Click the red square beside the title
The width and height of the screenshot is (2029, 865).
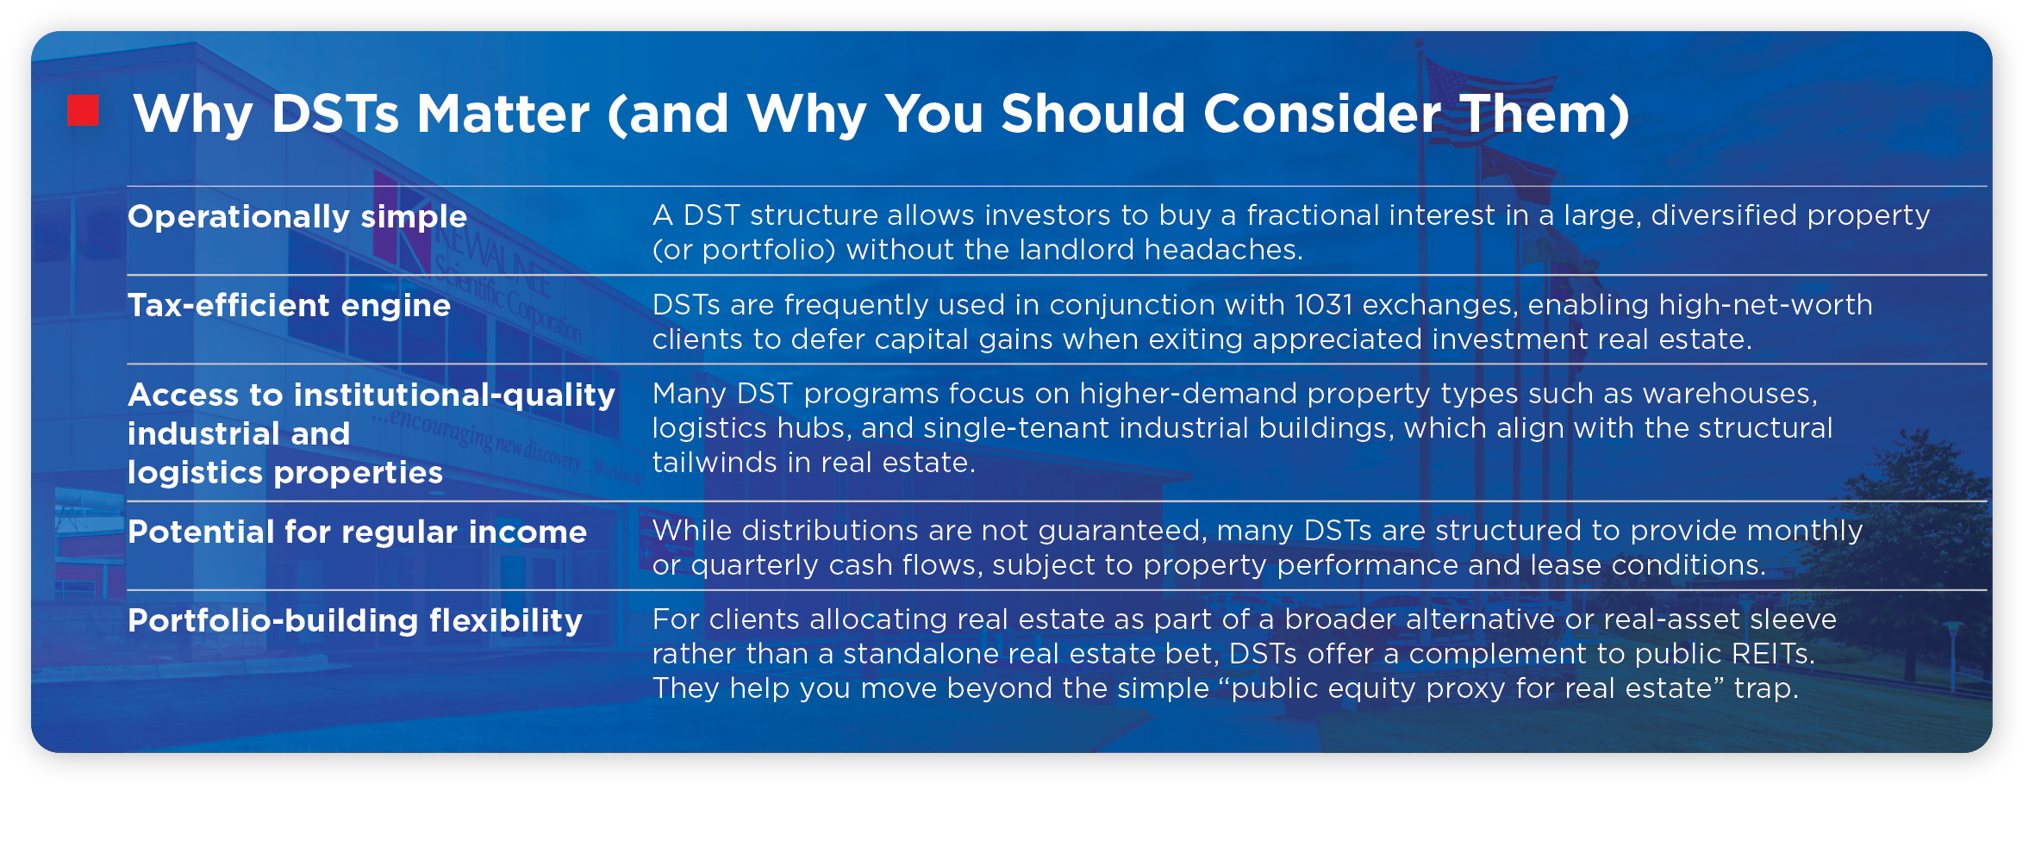tap(84, 110)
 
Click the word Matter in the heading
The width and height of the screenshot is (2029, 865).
tap(503, 114)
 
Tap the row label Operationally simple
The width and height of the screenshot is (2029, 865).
tap(297, 216)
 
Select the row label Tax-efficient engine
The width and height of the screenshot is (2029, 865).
tap(289, 305)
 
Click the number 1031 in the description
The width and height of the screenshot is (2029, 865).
tap(1323, 305)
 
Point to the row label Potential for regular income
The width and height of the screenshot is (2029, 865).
tap(357, 532)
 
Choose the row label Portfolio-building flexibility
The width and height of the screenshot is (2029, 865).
tap(354, 620)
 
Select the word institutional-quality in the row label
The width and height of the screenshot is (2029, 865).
tap(454, 395)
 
